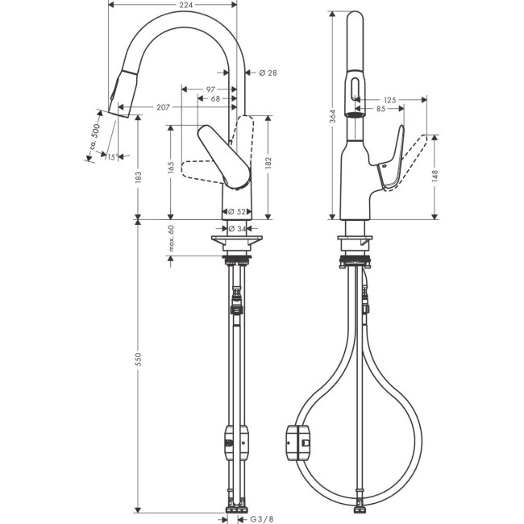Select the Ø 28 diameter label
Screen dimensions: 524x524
(x=268, y=73)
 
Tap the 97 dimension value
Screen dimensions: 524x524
(x=210, y=89)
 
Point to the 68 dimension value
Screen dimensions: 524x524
(x=216, y=98)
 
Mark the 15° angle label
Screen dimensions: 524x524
(x=111, y=157)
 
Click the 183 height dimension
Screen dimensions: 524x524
(x=138, y=176)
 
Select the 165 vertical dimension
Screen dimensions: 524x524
(x=171, y=168)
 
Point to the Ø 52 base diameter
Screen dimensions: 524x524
(x=237, y=211)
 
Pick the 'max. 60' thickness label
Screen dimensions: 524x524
(x=171, y=239)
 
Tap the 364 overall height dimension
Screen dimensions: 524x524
(x=332, y=117)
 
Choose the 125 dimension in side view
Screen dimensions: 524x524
(x=390, y=100)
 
